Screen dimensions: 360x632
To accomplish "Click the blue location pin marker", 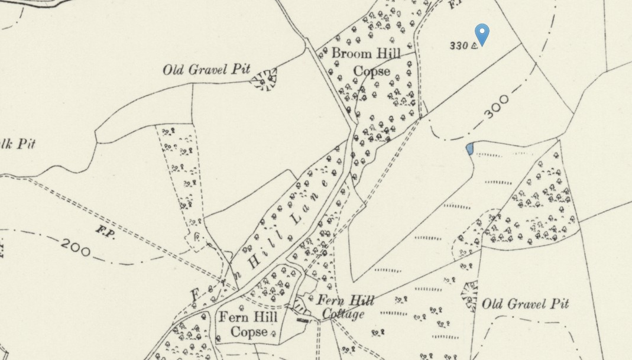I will click(x=482, y=34).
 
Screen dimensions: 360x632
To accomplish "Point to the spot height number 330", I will click(x=458, y=46).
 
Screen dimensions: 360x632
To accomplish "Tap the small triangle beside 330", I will click(x=474, y=46).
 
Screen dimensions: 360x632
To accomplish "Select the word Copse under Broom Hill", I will click(x=372, y=71).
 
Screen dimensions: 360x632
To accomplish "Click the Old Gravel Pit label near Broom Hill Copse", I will click(x=207, y=69).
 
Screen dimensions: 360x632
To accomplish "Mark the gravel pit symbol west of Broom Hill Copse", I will click(x=264, y=79).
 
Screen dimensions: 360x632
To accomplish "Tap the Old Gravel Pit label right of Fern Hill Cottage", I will click(x=525, y=304).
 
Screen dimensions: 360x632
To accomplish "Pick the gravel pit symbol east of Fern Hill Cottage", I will click(x=469, y=296).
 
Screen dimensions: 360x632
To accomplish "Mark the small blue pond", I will click(x=469, y=148).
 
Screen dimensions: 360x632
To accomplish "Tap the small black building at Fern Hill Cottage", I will click(x=302, y=320).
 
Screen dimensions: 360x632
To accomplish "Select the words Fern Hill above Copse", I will click(x=248, y=317).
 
